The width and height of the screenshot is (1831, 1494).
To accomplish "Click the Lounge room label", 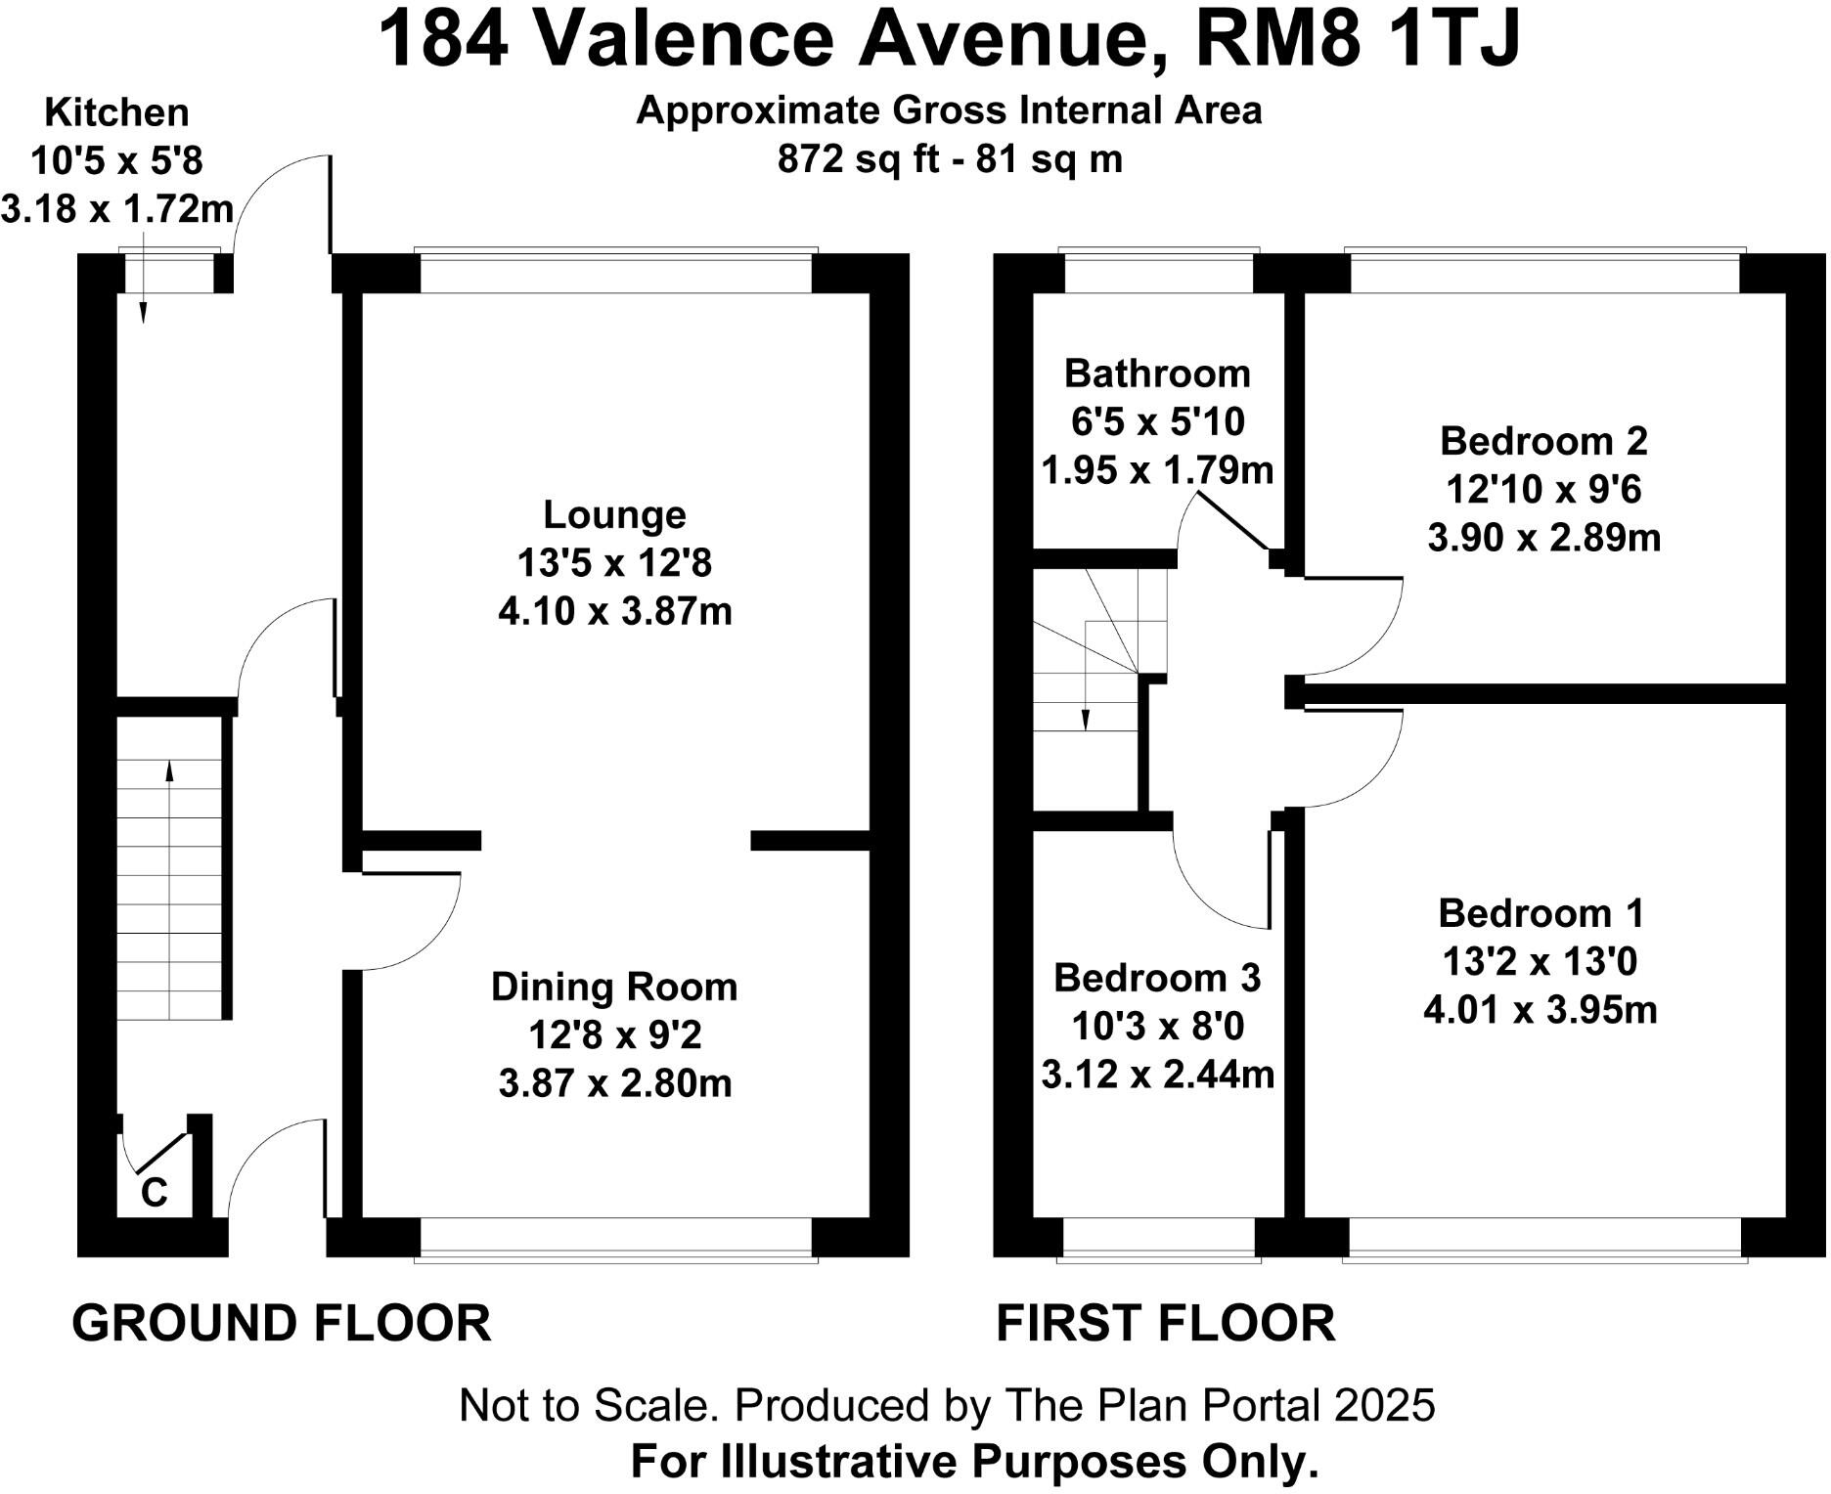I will pyautogui.click(x=614, y=515).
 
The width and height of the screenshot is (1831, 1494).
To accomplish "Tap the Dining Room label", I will pyautogui.click(x=614, y=988).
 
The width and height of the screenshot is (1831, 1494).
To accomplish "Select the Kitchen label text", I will pyautogui.click(x=116, y=113).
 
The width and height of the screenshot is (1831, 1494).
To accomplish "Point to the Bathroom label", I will pyautogui.click(x=1157, y=374).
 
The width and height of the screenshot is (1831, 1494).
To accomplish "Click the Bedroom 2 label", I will pyautogui.click(x=1543, y=442).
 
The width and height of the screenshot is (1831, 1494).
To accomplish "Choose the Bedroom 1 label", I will pyautogui.click(x=1541, y=913).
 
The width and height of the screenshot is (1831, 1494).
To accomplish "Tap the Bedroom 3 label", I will pyautogui.click(x=1157, y=978).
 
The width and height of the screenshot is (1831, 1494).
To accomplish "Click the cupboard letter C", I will pyautogui.click(x=155, y=1193).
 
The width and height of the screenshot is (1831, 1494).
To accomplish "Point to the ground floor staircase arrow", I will pyautogui.click(x=170, y=772).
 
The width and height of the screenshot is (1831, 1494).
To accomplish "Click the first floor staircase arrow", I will pyautogui.click(x=1086, y=719).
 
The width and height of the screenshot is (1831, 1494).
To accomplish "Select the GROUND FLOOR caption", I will pyautogui.click(x=282, y=1324).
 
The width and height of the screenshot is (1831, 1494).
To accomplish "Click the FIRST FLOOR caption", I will pyautogui.click(x=1165, y=1324).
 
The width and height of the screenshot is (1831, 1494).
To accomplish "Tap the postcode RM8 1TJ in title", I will pyautogui.click(x=1358, y=41).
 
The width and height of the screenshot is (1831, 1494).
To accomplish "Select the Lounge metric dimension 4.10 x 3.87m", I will pyautogui.click(x=614, y=612).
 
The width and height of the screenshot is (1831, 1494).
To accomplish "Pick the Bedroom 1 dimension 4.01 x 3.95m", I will pyautogui.click(x=1541, y=1010).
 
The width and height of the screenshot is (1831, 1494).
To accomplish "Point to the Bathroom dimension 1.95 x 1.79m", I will pyautogui.click(x=1157, y=471).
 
